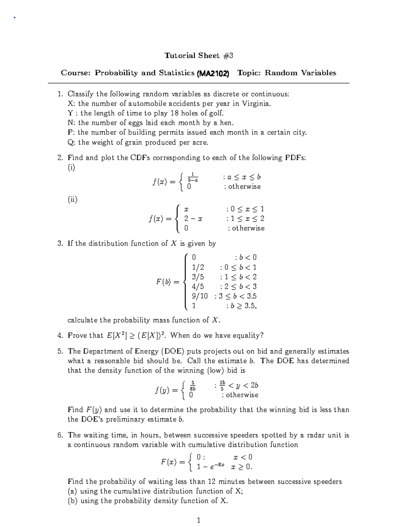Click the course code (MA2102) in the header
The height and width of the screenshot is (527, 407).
coord(213,73)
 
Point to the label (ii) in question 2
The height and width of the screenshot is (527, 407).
coord(73,200)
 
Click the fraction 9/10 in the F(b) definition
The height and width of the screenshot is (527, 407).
coord(200,296)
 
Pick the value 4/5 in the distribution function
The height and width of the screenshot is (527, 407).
coord(198,287)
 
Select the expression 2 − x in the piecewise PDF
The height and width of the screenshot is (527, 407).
coord(193,219)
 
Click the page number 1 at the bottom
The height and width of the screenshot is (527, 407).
coord(199,520)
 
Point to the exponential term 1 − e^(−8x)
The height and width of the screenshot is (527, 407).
coord(210,467)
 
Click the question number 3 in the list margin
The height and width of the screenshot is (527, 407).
coord(60,244)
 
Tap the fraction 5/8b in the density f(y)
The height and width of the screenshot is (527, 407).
coord(192,386)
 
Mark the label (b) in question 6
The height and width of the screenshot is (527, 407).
coord(73,501)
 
